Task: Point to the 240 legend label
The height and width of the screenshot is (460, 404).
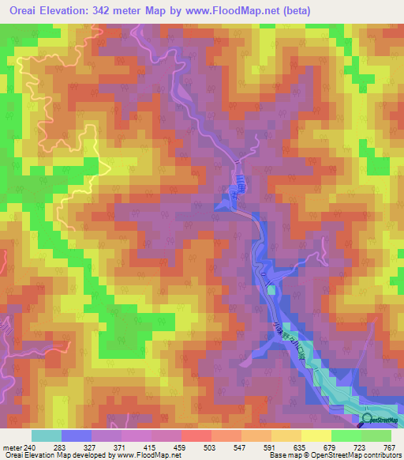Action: [30, 447]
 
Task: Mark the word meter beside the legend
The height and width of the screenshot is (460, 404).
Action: [12, 447]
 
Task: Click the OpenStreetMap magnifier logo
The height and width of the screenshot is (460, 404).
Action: [368, 420]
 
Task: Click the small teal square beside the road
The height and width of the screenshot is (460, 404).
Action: [272, 290]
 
